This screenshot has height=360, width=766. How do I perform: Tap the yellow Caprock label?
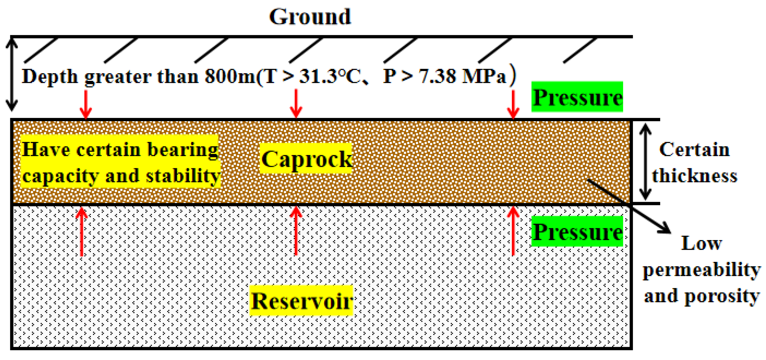point(306,159)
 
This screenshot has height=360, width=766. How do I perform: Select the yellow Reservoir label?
point(301,301)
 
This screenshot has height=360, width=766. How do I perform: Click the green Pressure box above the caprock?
point(577,97)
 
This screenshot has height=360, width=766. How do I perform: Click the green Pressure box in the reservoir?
point(577,231)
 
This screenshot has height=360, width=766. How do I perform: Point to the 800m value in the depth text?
point(230,76)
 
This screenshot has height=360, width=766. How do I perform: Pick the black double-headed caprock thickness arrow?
point(645,162)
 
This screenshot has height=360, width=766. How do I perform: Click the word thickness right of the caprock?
point(695,176)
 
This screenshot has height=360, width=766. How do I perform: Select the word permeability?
point(701,270)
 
